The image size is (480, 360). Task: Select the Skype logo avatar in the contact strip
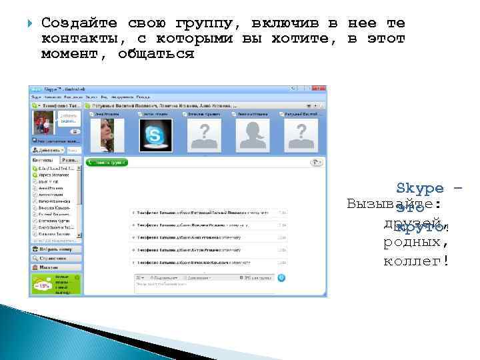pos(155,136)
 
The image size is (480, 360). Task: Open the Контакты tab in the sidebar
pos(44,161)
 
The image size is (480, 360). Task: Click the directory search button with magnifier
pos(56,258)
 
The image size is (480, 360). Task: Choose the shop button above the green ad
pos(56,267)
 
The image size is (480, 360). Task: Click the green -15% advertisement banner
pos(56,284)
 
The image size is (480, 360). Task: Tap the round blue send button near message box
pos(281,278)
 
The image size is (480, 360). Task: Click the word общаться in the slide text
pos(155,54)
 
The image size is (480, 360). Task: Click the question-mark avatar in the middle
pos(205,136)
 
